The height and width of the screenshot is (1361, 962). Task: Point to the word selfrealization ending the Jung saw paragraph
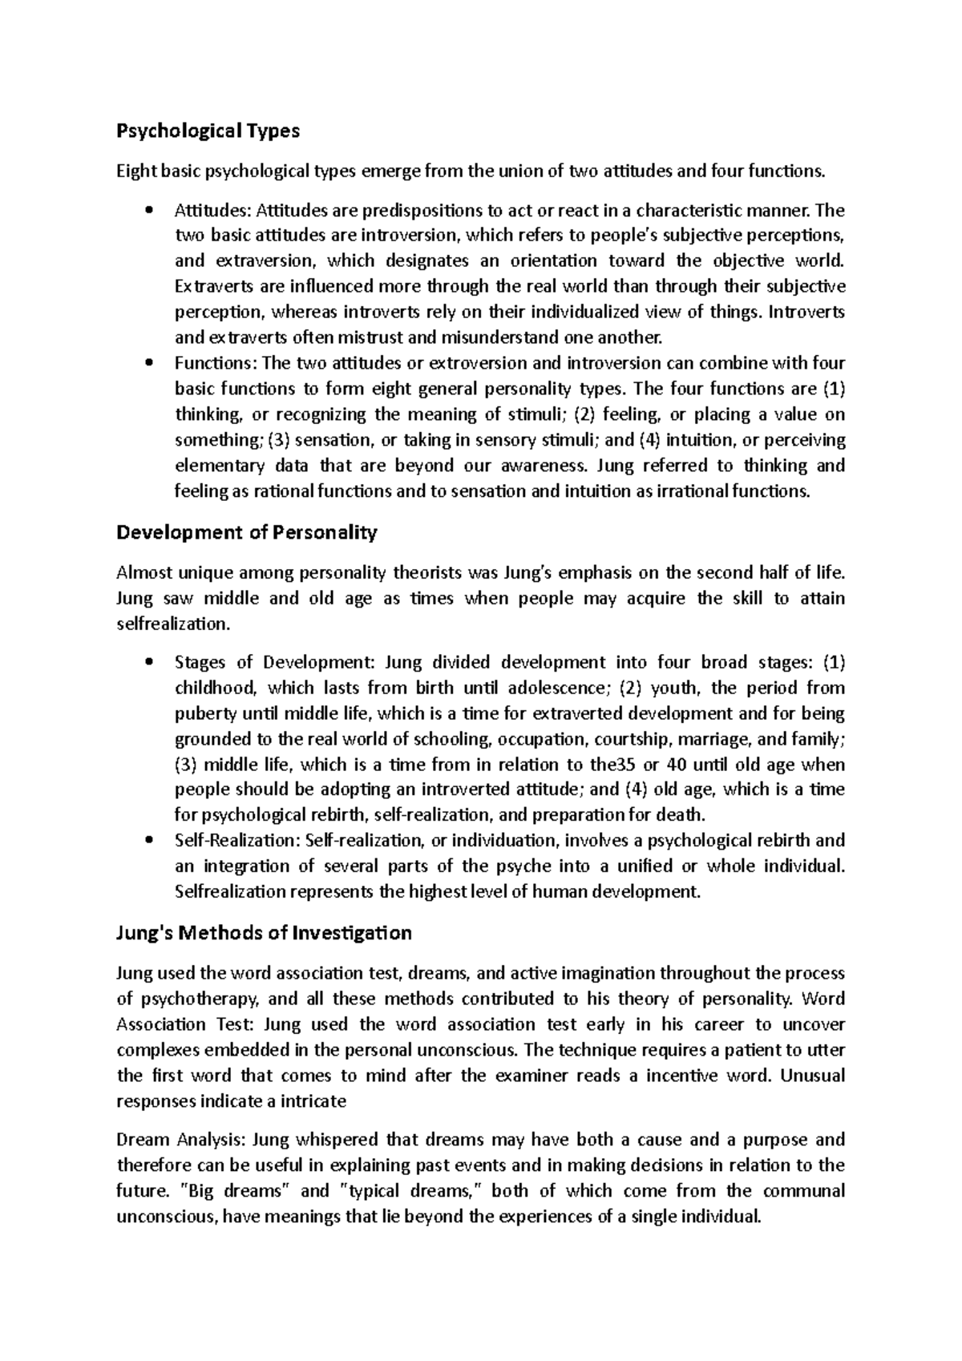(172, 624)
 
